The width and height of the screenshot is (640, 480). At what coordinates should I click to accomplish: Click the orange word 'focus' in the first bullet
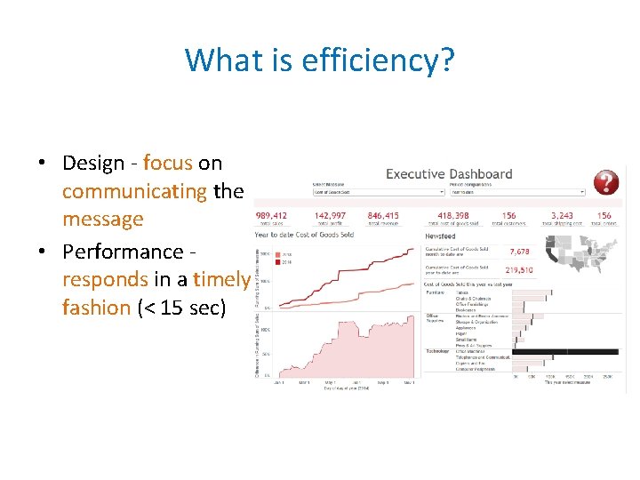pyautogui.click(x=167, y=164)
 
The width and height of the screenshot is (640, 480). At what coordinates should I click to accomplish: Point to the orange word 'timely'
pyautogui.click(x=222, y=279)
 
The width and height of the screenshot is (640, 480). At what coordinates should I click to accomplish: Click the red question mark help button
pyautogui.click(x=606, y=182)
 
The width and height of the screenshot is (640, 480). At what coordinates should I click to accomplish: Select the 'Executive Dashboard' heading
pyautogui.click(x=449, y=174)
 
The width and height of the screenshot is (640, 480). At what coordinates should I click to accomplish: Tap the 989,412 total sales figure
pyautogui.click(x=271, y=215)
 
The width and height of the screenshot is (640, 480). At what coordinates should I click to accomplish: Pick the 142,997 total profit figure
pyautogui.click(x=331, y=215)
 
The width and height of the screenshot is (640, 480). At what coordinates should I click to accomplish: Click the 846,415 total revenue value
pyautogui.click(x=383, y=215)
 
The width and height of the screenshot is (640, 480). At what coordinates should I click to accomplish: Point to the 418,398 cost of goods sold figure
pyautogui.click(x=453, y=215)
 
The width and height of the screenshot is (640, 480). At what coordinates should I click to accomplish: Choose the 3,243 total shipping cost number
pyautogui.click(x=562, y=215)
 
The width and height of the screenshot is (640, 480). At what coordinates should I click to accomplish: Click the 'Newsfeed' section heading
pyautogui.click(x=441, y=236)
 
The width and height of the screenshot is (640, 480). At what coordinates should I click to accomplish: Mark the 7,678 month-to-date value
pyautogui.click(x=518, y=252)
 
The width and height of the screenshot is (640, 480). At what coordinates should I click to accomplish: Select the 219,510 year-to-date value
pyautogui.click(x=519, y=269)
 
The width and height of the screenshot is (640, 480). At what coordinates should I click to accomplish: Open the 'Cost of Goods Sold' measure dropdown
pyautogui.click(x=378, y=191)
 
